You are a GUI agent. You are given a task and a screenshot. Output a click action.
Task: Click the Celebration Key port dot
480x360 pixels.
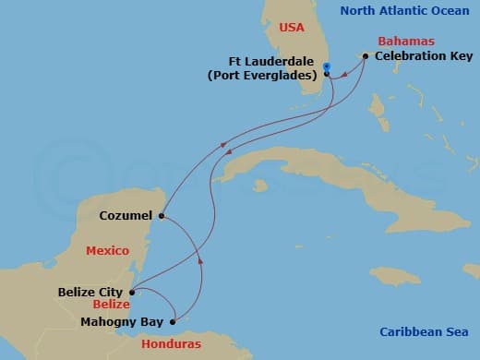[366, 56]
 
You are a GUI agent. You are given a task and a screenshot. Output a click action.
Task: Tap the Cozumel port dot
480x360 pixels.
[161, 217]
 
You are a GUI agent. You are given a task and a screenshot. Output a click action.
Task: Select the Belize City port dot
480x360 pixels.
[132, 293]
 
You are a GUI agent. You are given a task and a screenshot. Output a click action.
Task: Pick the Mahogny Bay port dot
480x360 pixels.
[172, 322]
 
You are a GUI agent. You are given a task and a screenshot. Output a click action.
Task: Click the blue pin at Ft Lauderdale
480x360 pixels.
[328, 66]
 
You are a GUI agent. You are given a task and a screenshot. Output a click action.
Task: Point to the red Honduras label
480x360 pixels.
[172, 344]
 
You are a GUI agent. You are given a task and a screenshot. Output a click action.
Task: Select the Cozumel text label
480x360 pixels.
[126, 217]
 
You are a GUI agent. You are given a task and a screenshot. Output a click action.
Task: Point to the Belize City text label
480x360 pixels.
[90, 292]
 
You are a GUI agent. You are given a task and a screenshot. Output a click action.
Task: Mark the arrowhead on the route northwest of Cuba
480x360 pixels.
[223, 145]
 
